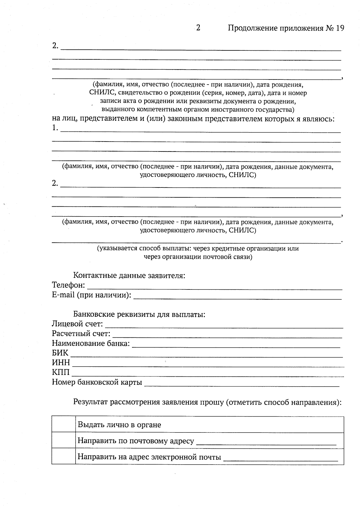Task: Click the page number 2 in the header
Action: pos(198,28)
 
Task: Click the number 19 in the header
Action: pos(340,28)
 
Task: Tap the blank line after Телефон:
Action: pos(214,287)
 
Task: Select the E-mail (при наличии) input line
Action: pos(237,297)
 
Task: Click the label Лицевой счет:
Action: pos(77,324)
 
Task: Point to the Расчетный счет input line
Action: pos(227,336)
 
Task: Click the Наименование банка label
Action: pos(91,343)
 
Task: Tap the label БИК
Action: pos(60,353)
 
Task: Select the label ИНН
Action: pos(61,363)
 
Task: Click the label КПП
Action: pos(61,373)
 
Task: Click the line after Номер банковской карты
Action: pos(241,384)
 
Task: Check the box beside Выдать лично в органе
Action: pos(63,424)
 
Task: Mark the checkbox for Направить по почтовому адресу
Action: pos(63,440)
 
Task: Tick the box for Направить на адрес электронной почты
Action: pos(63,456)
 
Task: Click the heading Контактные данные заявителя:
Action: pos(129,275)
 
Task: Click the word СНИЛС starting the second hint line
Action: pos(100,93)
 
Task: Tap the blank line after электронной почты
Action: pos(280,459)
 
